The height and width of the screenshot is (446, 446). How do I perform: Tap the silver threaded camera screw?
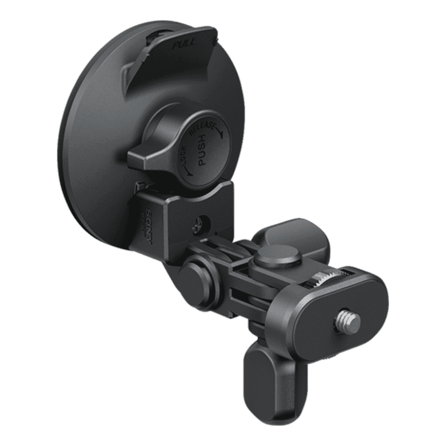(x=347, y=320)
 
